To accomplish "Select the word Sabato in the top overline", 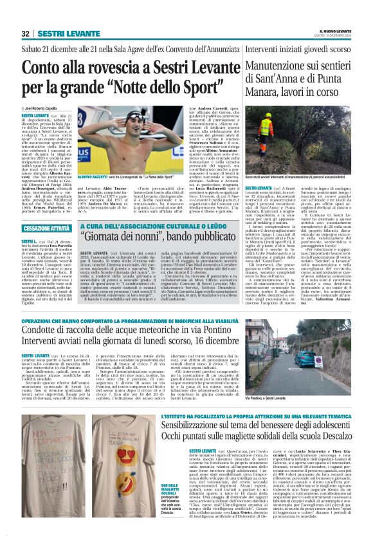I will pos(35,48).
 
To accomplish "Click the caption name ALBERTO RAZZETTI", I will pos(97,176).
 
